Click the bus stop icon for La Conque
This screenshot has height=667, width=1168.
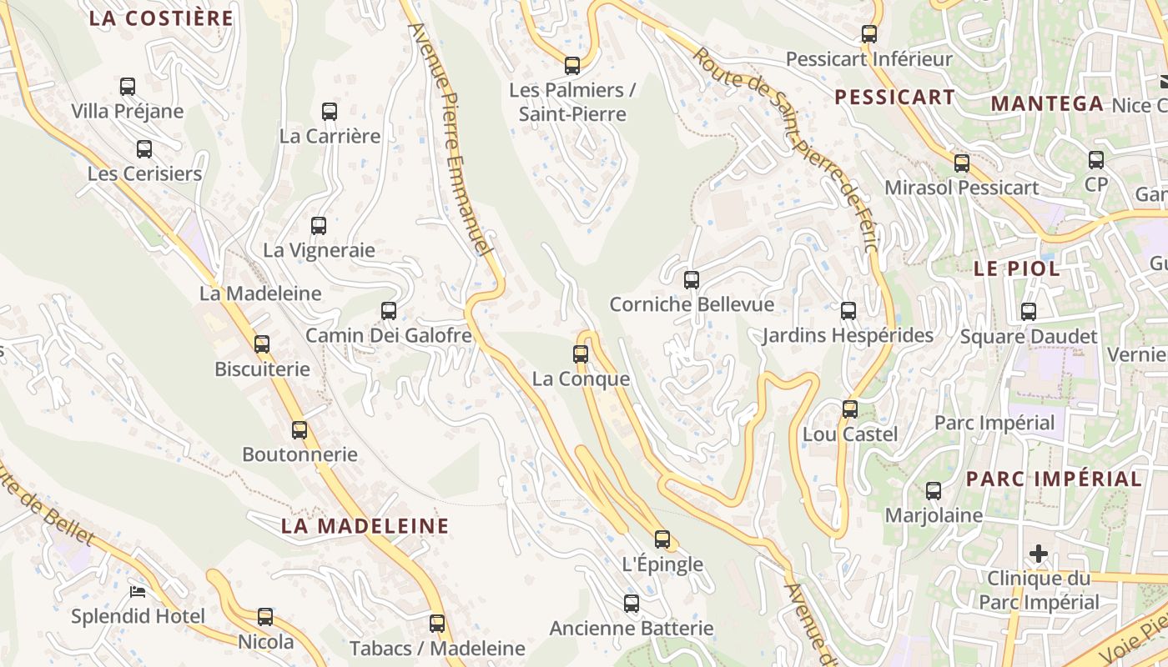581,354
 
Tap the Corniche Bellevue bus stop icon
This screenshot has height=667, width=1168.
692,280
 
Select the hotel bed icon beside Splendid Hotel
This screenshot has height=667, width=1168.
138,592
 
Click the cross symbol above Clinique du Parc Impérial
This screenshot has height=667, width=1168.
1039,554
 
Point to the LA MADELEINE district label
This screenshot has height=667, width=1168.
365,526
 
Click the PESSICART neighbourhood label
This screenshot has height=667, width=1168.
895,98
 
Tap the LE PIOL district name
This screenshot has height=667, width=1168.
1017,269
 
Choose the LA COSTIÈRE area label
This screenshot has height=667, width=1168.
161,18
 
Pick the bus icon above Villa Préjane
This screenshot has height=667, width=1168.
128,87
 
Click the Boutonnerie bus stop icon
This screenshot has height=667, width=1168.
300,430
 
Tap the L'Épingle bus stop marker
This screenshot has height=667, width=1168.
662,539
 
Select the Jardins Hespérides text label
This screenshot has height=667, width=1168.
848,336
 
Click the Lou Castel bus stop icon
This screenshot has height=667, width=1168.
850,409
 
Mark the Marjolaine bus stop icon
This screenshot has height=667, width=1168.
934,491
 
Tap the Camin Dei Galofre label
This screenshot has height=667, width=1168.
389,336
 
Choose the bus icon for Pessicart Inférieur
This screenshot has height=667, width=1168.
869,34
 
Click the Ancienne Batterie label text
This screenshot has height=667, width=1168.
632,629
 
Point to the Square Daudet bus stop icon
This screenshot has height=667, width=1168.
1029,312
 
